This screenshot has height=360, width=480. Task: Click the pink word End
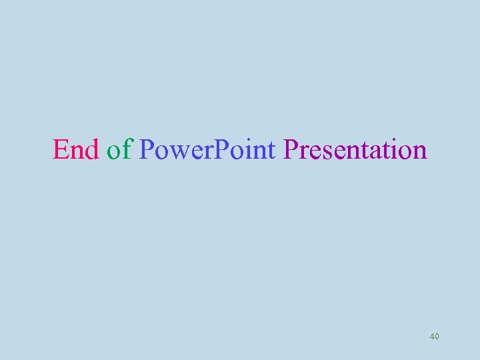(x=75, y=149)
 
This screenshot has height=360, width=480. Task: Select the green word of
(x=119, y=149)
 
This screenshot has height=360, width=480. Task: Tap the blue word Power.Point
(x=207, y=149)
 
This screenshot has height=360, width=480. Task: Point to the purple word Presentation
(x=355, y=149)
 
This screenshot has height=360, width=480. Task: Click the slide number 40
(x=435, y=337)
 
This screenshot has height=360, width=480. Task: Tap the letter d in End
(x=91, y=149)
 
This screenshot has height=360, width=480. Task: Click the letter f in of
(x=128, y=149)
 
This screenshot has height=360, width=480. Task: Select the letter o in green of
(x=114, y=152)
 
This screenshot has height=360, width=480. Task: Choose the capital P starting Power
(x=147, y=149)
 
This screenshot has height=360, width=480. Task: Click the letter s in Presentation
(x=323, y=152)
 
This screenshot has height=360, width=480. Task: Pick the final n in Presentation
(x=419, y=152)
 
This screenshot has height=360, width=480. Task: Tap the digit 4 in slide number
(x=432, y=337)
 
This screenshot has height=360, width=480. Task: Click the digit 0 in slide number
(x=437, y=337)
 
